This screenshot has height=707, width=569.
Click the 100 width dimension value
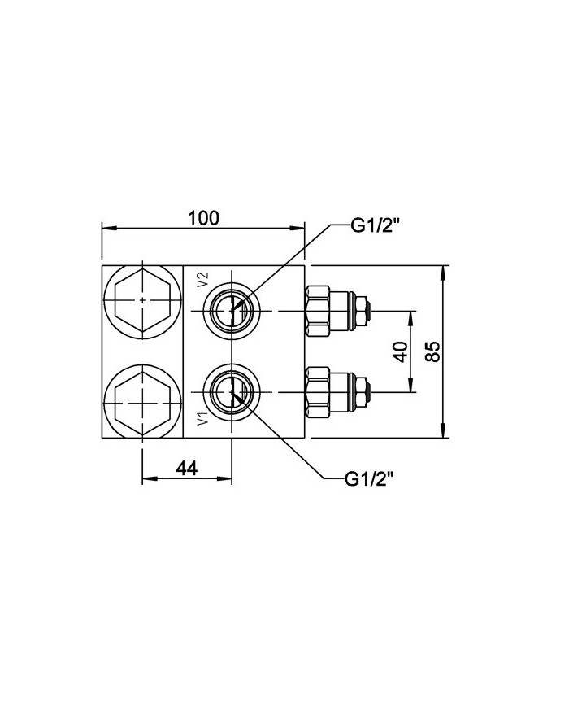(x=204, y=218)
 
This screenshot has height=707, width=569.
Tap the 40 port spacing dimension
(x=399, y=351)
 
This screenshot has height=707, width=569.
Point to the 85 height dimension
(x=433, y=351)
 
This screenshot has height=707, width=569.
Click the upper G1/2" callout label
(x=377, y=227)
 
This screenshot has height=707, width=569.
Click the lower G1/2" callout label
(x=370, y=479)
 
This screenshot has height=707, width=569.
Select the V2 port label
(x=204, y=281)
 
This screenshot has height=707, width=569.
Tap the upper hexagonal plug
(x=142, y=301)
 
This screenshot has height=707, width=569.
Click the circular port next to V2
(x=232, y=310)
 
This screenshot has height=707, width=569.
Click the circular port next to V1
(x=232, y=392)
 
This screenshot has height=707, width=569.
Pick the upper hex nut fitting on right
(x=318, y=310)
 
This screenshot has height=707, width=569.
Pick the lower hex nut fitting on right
(x=318, y=392)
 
